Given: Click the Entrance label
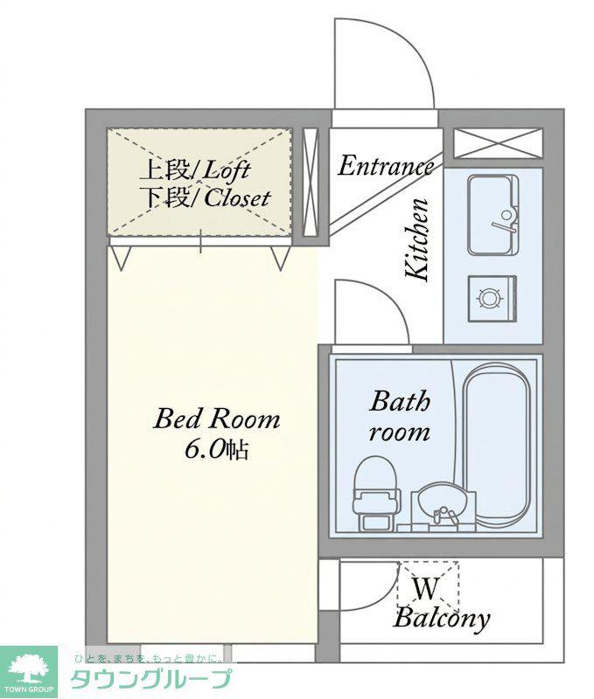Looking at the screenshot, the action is pyautogui.click(x=385, y=166).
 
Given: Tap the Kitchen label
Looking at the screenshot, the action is pyautogui.click(x=416, y=239).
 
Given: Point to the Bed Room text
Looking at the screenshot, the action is pyautogui.click(x=216, y=419).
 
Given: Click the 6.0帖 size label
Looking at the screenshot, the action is pyautogui.click(x=216, y=450).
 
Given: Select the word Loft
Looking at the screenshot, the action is pyautogui.click(x=227, y=170).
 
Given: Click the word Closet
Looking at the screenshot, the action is pyautogui.click(x=237, y=198).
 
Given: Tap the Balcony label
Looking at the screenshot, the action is pyautogui.click(x=442, y=619).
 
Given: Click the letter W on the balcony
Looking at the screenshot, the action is pyautogui.click(x=426, y=588).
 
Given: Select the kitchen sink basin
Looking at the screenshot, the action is pyautogui.click(x=493, y=215).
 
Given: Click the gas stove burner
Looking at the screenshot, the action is pyautogui.click(x=490, y=298).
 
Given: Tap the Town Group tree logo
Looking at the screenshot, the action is pyautogui.click(x=29, y=669).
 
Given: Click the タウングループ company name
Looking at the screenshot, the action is pyautogui.click(x=151, y=680).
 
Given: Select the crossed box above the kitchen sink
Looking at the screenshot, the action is pyautogui.click(x=498, y=143).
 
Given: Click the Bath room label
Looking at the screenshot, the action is pyautogui.click(x=400, y=417).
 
